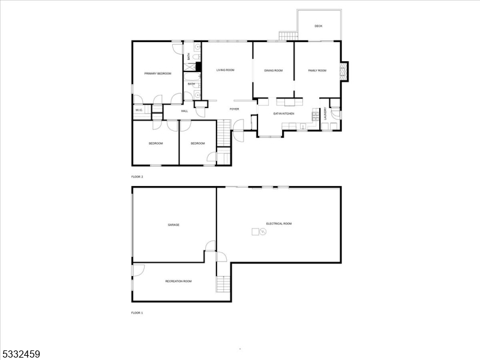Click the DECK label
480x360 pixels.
click(x=319, y=26)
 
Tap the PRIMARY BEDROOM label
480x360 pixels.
click(x=158, y=73)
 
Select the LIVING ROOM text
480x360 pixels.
click(x=226, y=70)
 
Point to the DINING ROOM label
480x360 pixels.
click(x=274, y=70)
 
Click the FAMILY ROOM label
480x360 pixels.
click(x=317, y=70)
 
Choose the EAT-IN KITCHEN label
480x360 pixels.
click(x=284, y=113)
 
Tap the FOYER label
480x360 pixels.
click(x=234, y=109)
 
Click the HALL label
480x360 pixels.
click(x=185, y=111)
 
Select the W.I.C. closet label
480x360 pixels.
click(x=139, y=110)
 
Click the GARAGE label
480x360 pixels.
click(x=173, y=225)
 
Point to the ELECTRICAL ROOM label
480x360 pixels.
click(x=279, y=224)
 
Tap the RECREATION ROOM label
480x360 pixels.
click(x=178, y=281)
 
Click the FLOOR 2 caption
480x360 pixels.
click(x=137, y=177)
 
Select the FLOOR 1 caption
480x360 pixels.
click(x=137, y=313)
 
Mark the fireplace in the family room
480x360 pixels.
click(x=344, y=71)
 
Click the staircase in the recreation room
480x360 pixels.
click(x=223, y=284)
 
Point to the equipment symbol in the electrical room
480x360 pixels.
click(x=259, y=232)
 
